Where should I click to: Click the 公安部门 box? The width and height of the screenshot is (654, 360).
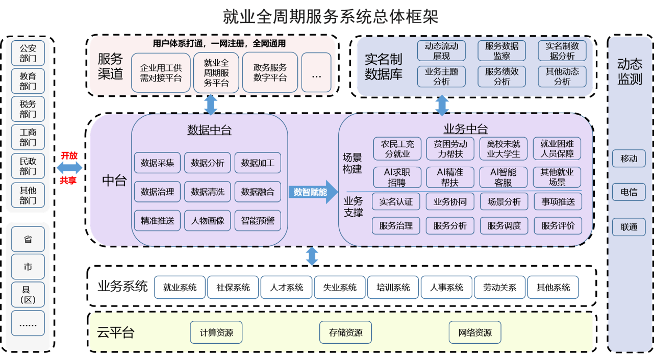click(28, 54)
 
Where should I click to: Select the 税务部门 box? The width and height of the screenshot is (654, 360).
click(28, 109)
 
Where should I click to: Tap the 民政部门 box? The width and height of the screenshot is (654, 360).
click(28, 166)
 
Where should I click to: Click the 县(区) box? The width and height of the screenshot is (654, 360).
click(28, 295)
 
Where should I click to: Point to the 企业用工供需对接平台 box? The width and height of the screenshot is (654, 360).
click(161, 73)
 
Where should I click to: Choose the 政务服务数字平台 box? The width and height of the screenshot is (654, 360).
click(270, 73)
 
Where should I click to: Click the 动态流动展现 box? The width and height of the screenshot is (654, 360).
click(441, 51)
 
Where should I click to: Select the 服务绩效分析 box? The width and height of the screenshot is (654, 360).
click(501, 76)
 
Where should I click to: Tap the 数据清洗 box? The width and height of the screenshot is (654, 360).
click(208, 192)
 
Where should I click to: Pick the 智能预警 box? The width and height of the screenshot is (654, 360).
click(258, 221)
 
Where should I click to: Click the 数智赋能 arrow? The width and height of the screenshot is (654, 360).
click(312, 192)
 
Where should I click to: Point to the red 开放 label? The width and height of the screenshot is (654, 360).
click(69, 156)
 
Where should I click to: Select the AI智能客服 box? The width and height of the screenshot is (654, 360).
click(503, 177)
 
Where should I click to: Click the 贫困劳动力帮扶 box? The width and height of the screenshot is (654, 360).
click(450, 149)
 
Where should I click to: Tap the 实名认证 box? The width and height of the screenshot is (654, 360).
click(396, 201)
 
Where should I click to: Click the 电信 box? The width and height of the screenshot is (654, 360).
click(628, 192)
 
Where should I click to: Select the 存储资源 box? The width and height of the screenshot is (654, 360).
click(346, 332)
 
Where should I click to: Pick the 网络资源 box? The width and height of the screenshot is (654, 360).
click(475, 332)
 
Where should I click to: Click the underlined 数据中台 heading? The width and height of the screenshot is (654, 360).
click(209, 130)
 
